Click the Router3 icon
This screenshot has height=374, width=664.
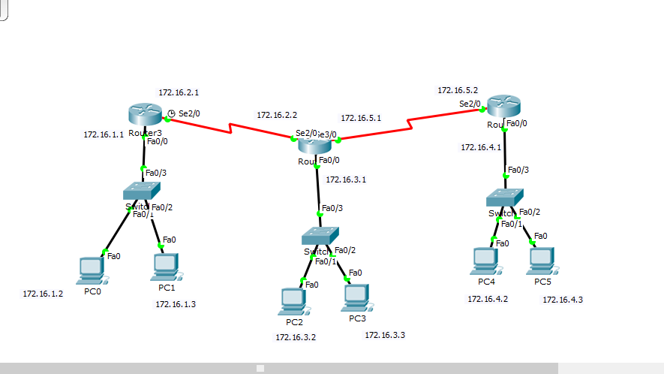point(144,113)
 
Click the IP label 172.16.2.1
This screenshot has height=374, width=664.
point(179,92)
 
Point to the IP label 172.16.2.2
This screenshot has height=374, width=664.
point(277,116)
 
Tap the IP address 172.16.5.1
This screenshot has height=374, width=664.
point(361,118)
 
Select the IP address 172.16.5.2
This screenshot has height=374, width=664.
point(458,90)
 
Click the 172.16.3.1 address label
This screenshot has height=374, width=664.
point(346,180)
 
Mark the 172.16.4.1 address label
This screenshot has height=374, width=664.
point(481,147)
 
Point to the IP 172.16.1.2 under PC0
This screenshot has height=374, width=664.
point(43,294)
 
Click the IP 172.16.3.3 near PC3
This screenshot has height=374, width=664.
point(385,335)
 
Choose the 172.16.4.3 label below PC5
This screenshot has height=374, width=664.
point(563,300)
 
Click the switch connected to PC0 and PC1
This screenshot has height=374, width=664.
point(143,191)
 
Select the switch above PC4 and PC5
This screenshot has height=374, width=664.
point(504,198)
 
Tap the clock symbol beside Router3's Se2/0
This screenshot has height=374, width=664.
point(171,113)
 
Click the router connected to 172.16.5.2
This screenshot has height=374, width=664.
point(503,106)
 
